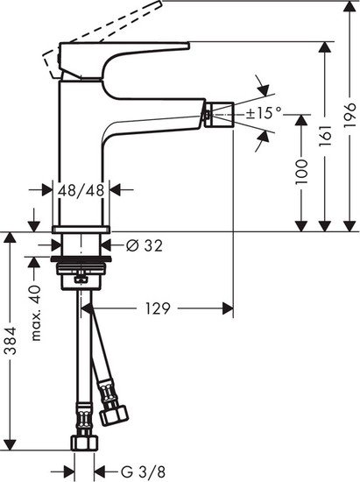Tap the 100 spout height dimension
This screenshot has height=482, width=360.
(301, 171)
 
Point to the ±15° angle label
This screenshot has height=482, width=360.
(265, 112)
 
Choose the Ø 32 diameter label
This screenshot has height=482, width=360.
(145, 245)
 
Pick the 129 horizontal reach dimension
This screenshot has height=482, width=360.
(157, 308)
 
